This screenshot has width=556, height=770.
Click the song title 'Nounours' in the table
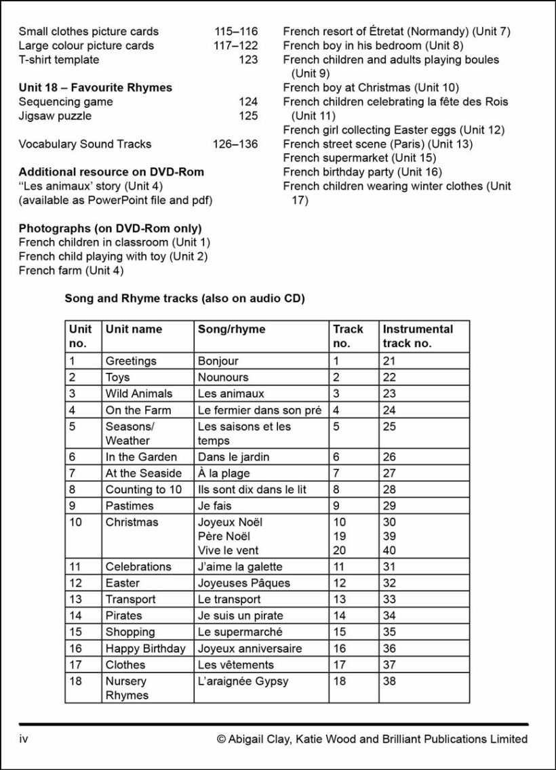click(x=223, y=377)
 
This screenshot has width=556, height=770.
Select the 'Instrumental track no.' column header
click(x=418, y=336)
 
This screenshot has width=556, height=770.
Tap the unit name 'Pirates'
click(x=123, y=615)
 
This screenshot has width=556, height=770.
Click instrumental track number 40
click(x=389, y=550)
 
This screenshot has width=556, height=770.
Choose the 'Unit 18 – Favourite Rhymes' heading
click(x=95, y=87)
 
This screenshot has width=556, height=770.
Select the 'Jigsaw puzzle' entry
click(x=55, y=116)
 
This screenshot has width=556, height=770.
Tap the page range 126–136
click(x=235, y=144)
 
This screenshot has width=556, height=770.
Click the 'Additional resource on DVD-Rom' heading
click(x=111, y=172)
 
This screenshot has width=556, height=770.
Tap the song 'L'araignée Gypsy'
click(x=243, y=681)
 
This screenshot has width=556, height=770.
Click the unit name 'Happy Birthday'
click(x=145, y=648)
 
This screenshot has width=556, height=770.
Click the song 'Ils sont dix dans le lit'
click(x=252, y=489)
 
